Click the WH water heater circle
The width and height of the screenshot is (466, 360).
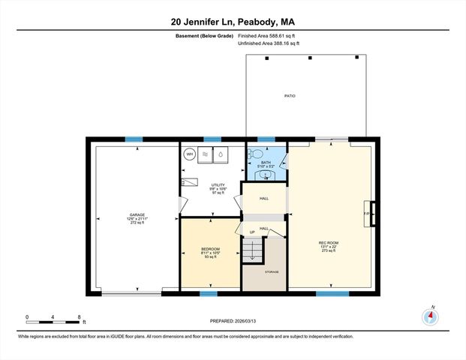click(x=189, y=154)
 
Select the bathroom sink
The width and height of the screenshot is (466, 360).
click(x=265, y=175)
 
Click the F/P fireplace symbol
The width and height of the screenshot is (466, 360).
click(x=368, y=213)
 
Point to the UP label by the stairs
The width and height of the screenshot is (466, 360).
click(x=253, y=232)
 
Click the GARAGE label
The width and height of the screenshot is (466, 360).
click(x=137, y=215)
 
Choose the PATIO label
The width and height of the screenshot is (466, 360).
click(x=289, y=96)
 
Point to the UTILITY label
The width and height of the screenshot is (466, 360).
click(x=218, y=184)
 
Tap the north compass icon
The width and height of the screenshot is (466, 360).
click(x=431, y=316)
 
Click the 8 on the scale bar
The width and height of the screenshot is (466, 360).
click(x=79, y=316)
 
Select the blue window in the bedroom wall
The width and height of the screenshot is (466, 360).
click(x=209, y=293)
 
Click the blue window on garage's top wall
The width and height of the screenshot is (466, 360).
click(x=134, y=139)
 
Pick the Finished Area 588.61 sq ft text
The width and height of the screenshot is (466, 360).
click(x=269, y=36)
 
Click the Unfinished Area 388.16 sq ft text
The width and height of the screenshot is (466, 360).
click(x=269, y=44)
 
